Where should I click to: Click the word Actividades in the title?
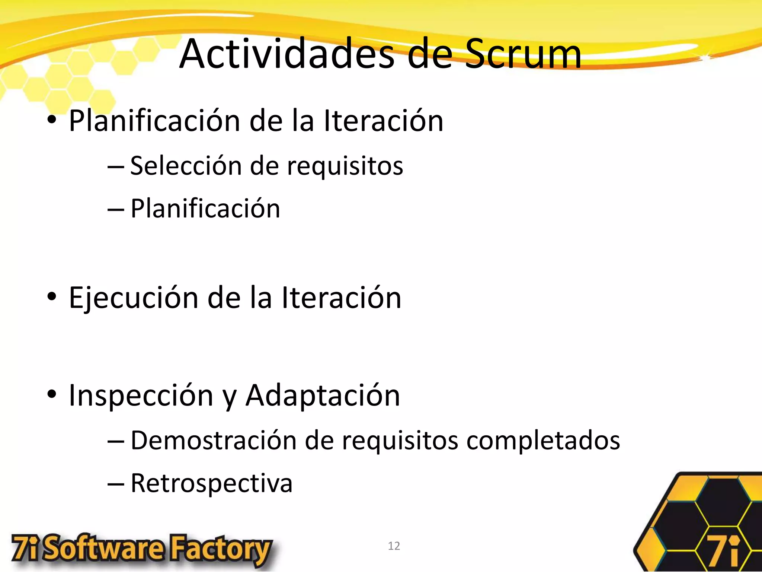[x=286, y=54]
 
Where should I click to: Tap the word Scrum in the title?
[x=523, y=54]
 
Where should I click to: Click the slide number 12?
[x=394, y=546]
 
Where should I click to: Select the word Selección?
[x=186, y=165]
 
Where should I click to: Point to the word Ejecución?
[x=134, y=298]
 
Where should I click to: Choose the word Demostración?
[x=214, y=440]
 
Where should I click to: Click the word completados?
[x=543, y=441]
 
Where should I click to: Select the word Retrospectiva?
[x=211, y=483]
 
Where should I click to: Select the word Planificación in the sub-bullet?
[x=205, y=209]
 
